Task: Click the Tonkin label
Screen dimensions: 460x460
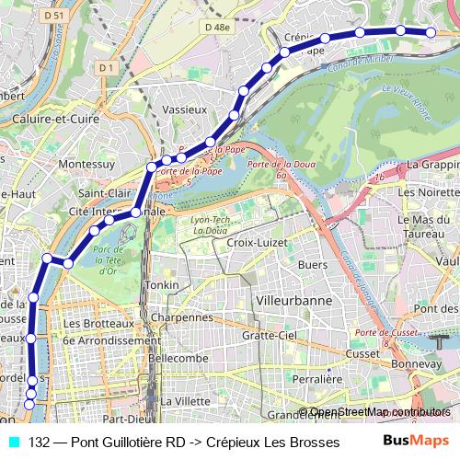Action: click(163, 286)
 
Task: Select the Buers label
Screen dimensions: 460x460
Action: click(314, 264)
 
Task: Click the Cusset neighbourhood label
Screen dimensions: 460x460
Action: click(364, 354)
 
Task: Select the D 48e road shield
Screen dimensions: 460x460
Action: click(218, 28)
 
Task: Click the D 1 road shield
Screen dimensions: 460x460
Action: click(106, 67)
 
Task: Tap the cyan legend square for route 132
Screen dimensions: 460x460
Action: click(13, 442)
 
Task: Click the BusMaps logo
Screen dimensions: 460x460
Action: click(416, 442)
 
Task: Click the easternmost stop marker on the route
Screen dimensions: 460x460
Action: click(431, 32)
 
